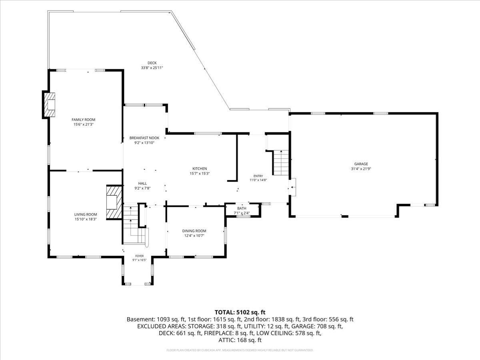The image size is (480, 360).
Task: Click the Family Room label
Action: (x=83, y=120)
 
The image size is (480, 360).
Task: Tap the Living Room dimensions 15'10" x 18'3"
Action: (x=86, y=219)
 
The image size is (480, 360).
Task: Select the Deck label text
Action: (x=152, y=63)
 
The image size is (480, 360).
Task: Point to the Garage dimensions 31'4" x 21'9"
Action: (x=361, y=168)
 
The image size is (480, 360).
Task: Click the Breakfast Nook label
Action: (x=144, y=138)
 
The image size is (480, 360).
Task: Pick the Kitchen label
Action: (x=200, y=168)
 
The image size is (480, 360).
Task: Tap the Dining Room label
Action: (x=194, y=231)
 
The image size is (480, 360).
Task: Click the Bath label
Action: (x=242, y=208)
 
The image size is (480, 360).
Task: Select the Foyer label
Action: (x=140, y=256)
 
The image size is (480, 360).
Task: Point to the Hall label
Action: (x=142, y=183)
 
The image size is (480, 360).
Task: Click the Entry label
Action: (x=258, y=176)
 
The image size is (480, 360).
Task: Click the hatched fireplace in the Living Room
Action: (x=114, y=202)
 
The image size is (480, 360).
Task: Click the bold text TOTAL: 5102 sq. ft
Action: (x=240, y=312)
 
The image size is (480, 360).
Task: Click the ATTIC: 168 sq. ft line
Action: (x=240, y=340)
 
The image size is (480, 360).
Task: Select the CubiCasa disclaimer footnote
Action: (x=240, y=350)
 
